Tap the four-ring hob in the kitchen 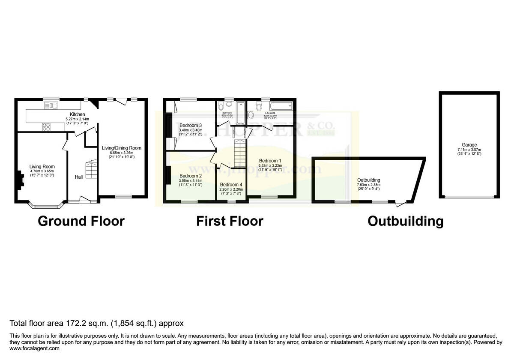(x=46, y=126)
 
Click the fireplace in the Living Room (x=20, y=180)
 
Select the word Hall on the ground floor (x=79, y=177)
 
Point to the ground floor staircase (x=90, y=170)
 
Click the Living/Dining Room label (x=121, y=148)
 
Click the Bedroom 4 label (x=231, y=184)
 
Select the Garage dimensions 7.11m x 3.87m (x=469, y=150)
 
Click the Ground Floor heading (x=81, y=221)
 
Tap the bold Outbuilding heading (x=405, y=221)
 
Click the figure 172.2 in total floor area (x=75, y=323)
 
